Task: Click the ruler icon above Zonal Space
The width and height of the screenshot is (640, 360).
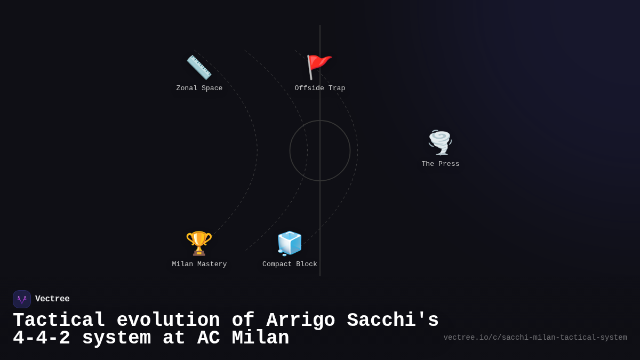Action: pos(199,67)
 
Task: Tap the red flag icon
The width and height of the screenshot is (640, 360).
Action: pos(319,67)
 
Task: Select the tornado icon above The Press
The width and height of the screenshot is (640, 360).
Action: pos(440,142)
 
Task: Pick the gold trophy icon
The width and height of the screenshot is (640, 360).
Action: pos(199,243)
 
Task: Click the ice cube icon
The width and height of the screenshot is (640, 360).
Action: pos(290,243)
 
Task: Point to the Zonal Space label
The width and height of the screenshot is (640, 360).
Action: pos(199,89)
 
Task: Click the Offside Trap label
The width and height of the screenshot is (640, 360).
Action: pos(320,89)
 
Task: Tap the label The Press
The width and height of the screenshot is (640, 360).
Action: pos(441,164)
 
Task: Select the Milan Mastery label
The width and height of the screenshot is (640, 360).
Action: pos(199,265)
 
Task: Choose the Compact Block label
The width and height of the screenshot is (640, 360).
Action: pos(290,265)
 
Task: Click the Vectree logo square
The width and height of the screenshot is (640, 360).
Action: pos(22,299)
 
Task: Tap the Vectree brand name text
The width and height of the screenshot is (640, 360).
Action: pos(52,299)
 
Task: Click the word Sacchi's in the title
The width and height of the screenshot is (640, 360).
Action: pos(393,321)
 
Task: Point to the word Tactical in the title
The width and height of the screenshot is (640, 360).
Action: pos(59,321)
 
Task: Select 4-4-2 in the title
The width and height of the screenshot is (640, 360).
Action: pos(41,338)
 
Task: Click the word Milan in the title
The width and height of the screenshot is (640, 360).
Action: pos(260,338)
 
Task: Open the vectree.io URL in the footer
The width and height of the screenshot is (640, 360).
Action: pos(535,338)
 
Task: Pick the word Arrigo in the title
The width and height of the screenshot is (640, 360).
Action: pos(301,321)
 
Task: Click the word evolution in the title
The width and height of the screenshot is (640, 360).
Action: pos(168,321)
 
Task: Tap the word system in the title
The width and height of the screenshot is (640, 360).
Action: pos(116,338)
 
